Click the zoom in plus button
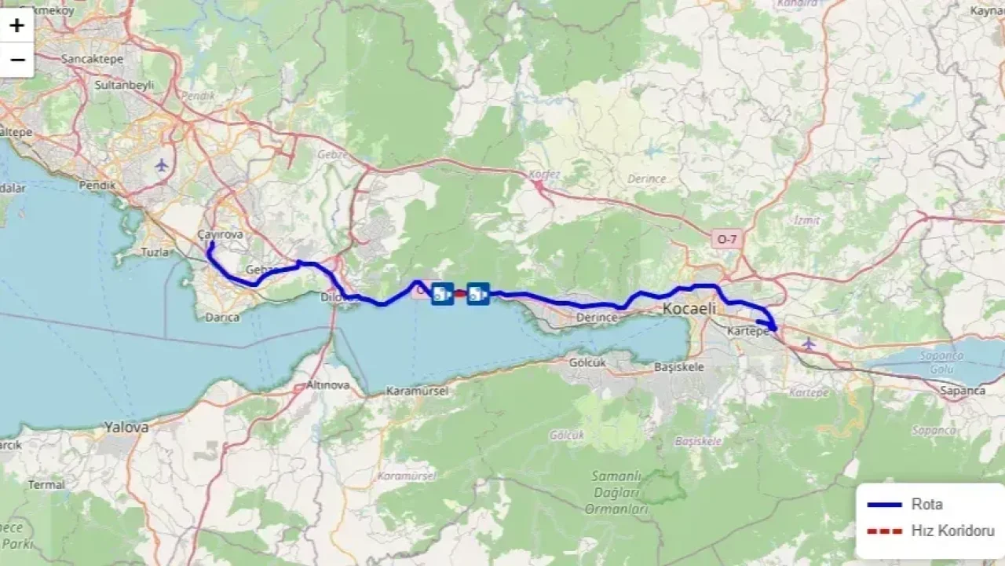16,25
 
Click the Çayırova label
221,234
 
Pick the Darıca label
221,318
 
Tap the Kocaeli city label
689,309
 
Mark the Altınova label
327,385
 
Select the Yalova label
126,428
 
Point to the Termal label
46,485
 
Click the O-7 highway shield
726,238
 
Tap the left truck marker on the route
442,294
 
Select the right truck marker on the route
477,294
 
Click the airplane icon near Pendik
163,165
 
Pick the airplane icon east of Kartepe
809,344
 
